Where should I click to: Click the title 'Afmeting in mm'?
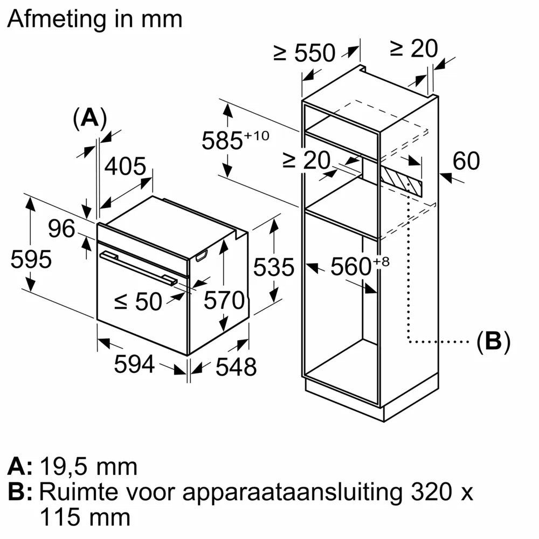click(x=95, y=19)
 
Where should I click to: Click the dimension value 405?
click(x=125, y=167)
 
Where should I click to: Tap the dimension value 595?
click(x=31, y=260)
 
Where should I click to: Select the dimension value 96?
click(x=61, y=229)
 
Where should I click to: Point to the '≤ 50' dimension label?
click(x=139, y=302)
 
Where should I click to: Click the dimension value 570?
click(x=224, y=300)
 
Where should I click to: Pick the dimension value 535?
click(x=274, y=267)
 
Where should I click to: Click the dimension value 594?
click(x=134, y=365)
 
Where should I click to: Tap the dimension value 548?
click(x=236, y=367)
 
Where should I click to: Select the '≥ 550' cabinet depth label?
click(x=305, y=53)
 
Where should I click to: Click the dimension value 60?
click(x=466, y=161)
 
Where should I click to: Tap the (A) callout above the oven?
click(x=89, y=118)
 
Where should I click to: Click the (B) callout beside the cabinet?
click(x=493, y=342)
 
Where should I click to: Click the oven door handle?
click(x=137, y=268)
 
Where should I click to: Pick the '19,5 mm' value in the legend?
click(x=88, y=466)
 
